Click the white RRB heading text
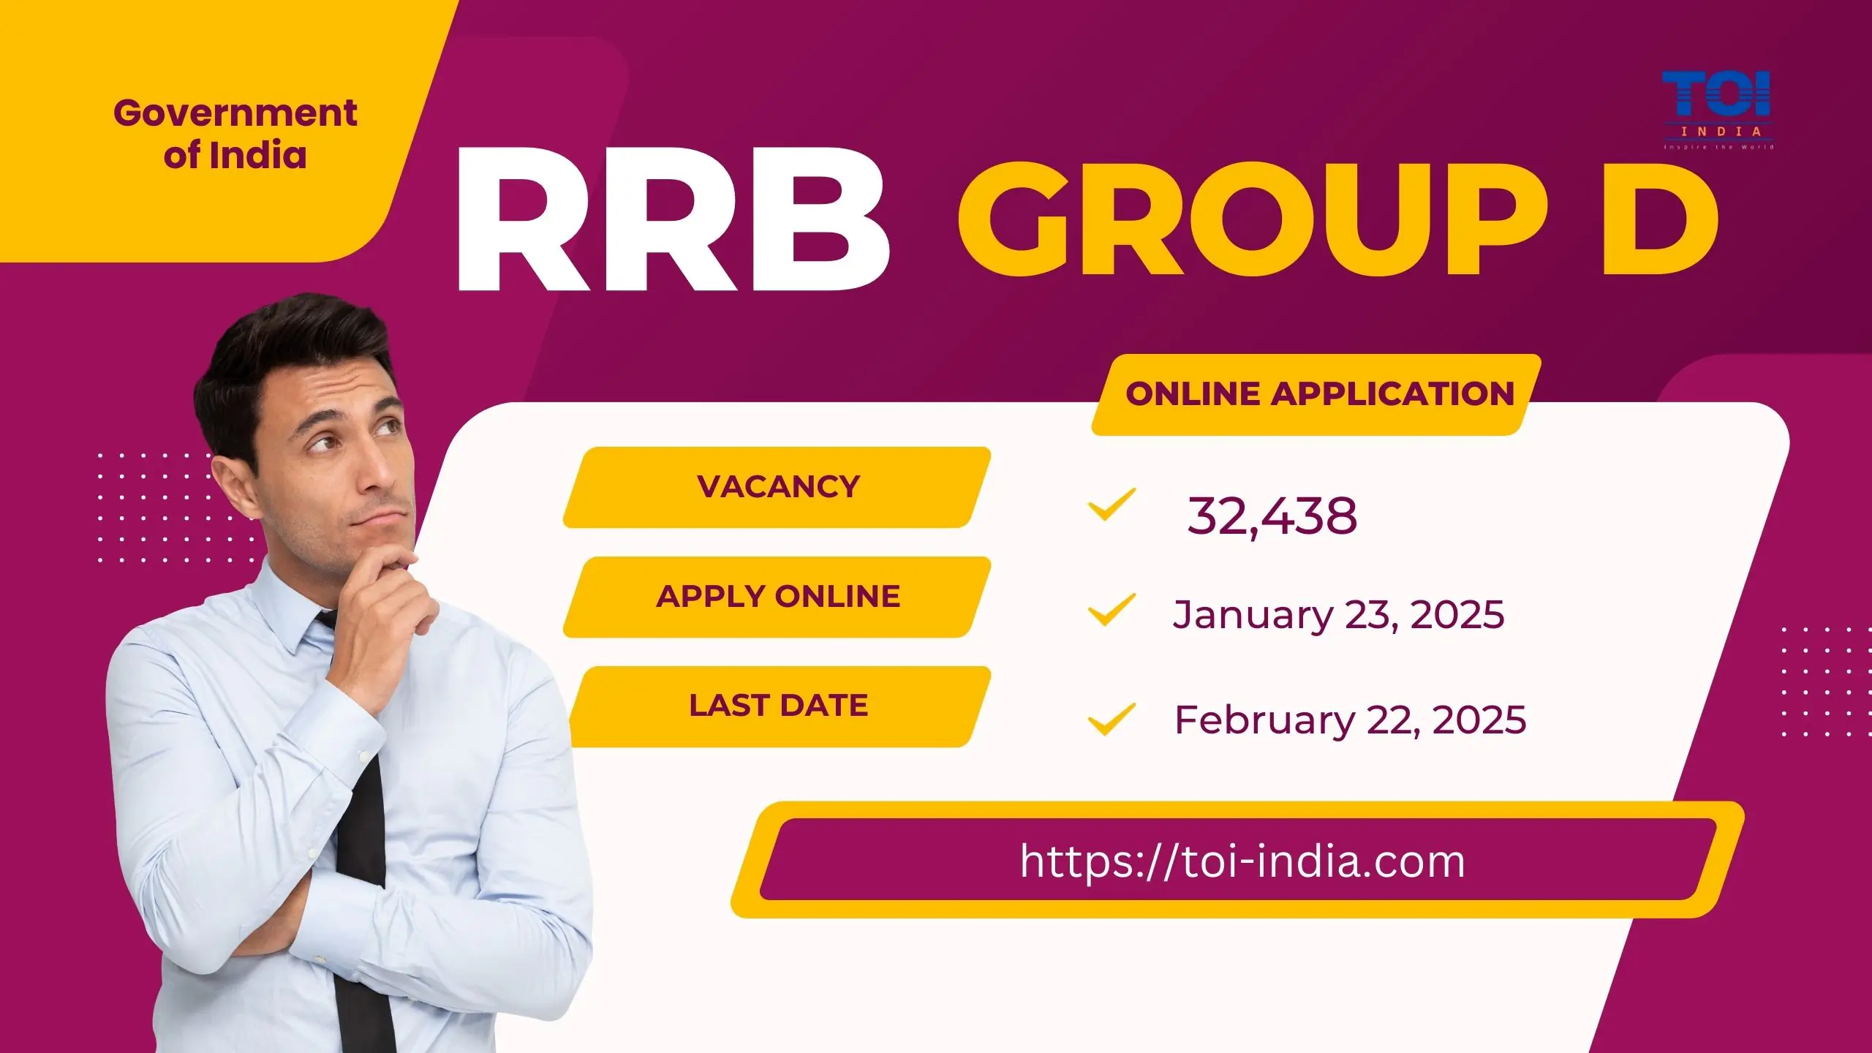pyautogui.click(x=671, y=219)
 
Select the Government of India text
pyautogui.click(x=235, y=134)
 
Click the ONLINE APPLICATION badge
pyautogui.click(x=1319, y=394)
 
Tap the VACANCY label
pyautogui.click(x=778, y=487)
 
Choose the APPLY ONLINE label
pyautogui.click(x=778, y=597)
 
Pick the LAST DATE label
pyautogui.click(x=778, y=706)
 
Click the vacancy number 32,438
pyautogui.click(x=1272, y=516)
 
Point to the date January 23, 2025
pyautogui.click(x=1338, y=614)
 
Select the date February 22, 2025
pyautogui.click(x=1350, y=720)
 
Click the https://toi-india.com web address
pyautogui.click(x=1242, y=861)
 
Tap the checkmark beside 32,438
pyautogui.click(x=1111, y=505)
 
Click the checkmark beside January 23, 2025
pyautogui.click(x=1111, y=610)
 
